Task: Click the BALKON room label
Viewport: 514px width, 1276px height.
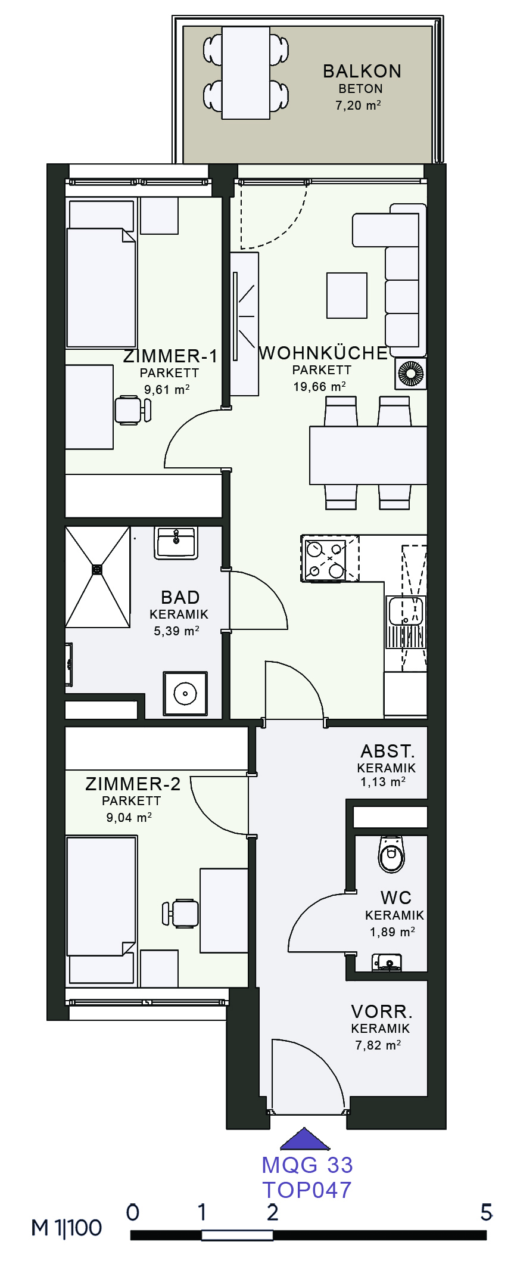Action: click(362, 71)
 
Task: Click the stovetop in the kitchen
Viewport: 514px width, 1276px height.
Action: click(325, 558)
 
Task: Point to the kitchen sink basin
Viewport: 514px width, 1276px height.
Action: click(405, 611)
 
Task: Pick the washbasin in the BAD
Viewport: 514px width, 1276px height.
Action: click(176, 542)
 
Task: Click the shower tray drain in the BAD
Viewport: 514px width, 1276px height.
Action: click(97, 570)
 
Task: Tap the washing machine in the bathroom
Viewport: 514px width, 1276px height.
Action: click(185, 694)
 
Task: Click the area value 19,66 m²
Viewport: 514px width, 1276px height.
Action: click(319, 387)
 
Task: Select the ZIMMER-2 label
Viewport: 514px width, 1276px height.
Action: click(133, 784)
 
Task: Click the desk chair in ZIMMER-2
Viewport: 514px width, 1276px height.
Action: click(180, 914)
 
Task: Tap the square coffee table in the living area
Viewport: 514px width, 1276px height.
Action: click(347, 296)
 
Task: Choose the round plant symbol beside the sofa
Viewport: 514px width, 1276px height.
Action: click(411, 374)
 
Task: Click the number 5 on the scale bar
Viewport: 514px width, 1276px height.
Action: click(487, 1212)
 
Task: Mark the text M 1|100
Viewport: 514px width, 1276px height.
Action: click(67, 1228)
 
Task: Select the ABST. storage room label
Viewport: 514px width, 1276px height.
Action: click(388, 751)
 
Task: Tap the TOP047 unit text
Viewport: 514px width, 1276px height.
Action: click(307, 1190)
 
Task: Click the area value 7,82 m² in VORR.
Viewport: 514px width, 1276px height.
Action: click(378, 1045)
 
